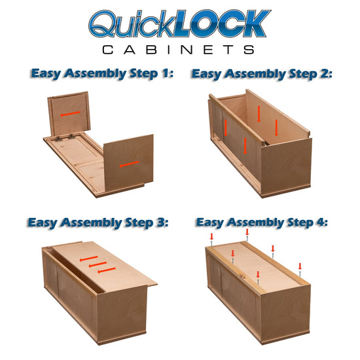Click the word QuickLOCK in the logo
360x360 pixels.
[x=179, y=24]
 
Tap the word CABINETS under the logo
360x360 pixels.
[x=178, y=50]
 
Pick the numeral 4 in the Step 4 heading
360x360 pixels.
[x=321, y=223]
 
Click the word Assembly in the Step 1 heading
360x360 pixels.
[x=96, y=74]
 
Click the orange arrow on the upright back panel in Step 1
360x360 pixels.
[x=70, y=114]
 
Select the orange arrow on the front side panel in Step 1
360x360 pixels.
[x=129, y=164]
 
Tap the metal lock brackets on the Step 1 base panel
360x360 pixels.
[x=65, y=137]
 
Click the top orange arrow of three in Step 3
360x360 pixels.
[x=88, y=259]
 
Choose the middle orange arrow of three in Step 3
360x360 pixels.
[x=98, y=264]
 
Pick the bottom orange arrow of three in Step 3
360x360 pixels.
[x=107, y=270]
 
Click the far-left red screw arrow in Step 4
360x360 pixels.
[x=211, y=237]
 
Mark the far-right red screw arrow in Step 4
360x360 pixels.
[x=300, y=266]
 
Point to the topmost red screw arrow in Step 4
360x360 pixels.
[x=247, y=232]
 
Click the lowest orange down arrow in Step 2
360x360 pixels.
[x=245, y=145]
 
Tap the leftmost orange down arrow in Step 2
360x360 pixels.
[x=226, y=128]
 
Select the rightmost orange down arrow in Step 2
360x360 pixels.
[x=276, y=128]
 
